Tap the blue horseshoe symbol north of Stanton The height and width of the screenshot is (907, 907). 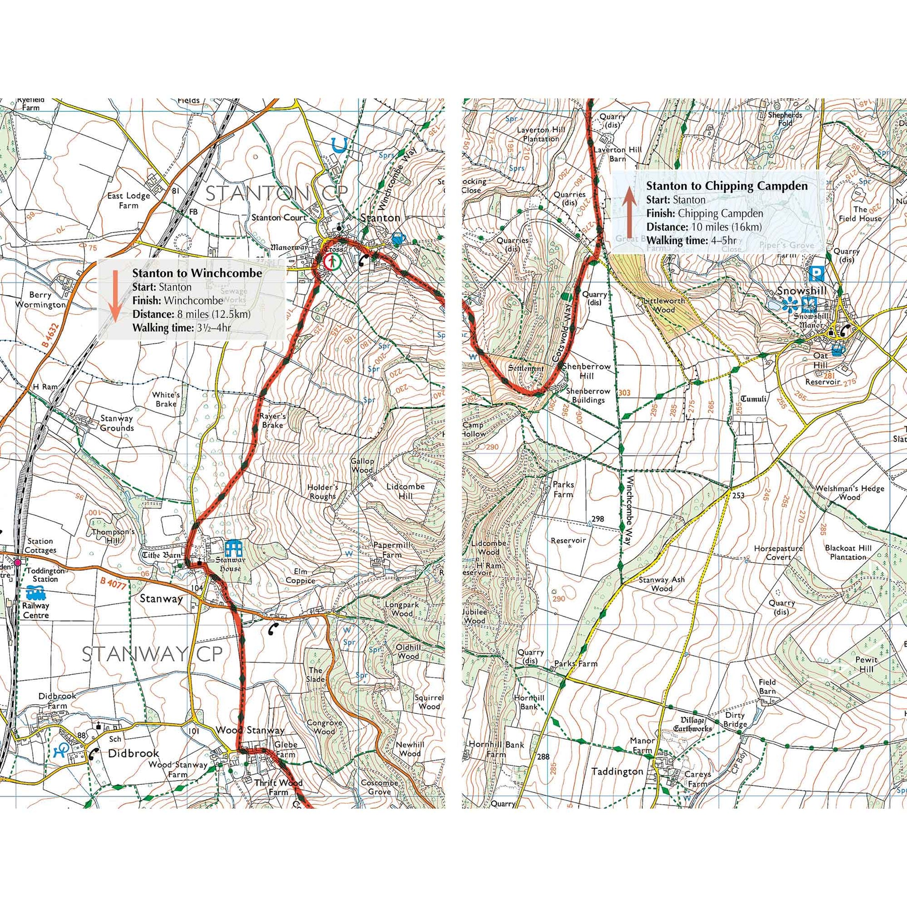click(337, 145)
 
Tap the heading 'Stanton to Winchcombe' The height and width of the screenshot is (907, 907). click(197, 273)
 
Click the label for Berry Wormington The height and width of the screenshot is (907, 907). click(41, 300)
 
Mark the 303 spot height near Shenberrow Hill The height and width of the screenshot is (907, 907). click(625, 393)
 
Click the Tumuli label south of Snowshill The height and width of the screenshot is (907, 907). click(753, 399)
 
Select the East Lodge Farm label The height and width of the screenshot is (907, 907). click(129, 200)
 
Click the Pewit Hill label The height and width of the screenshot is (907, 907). click(866, 663)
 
